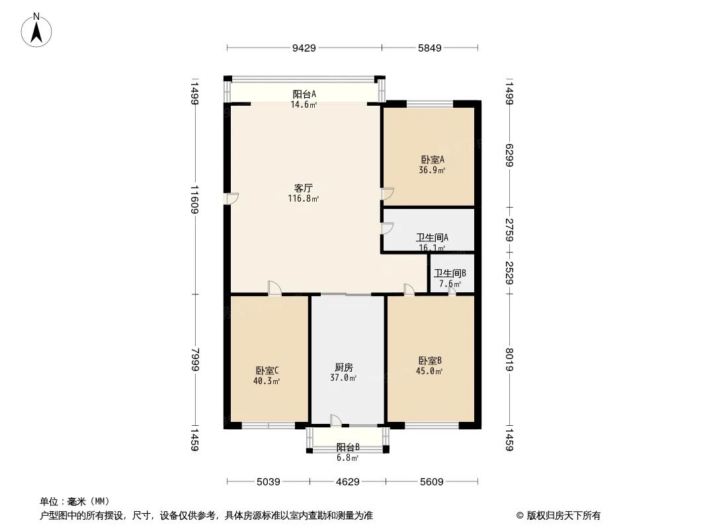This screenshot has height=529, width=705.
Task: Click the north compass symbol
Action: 37,29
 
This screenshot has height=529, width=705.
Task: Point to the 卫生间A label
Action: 433,237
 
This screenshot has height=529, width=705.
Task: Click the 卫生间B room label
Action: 450,273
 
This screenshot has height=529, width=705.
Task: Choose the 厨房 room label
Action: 343,367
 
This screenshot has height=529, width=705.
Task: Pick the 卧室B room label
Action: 430,360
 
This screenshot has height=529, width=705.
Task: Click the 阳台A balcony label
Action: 304,94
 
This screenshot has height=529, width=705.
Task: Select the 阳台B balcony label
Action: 347,447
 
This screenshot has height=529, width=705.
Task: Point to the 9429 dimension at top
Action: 304,48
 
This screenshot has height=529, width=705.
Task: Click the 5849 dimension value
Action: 430,48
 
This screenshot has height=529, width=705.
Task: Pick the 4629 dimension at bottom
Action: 347,482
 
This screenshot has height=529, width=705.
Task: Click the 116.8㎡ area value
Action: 304,198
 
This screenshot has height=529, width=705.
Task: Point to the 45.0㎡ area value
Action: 430,371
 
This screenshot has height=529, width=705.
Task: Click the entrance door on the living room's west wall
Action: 231,198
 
